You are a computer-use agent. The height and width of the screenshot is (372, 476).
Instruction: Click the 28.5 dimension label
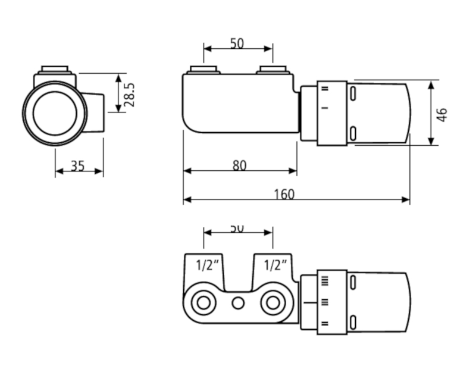coord(130,93)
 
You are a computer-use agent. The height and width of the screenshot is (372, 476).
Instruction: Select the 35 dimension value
coord(78,165)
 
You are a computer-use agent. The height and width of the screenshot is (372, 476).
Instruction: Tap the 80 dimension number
coord(239,165)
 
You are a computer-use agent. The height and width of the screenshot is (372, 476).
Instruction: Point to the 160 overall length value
coord(284,194)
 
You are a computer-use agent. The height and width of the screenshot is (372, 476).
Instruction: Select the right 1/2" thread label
coord(275,265)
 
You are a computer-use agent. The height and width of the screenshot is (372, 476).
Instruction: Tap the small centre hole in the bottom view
coord(238,303)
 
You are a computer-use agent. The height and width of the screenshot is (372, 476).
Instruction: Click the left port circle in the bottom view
coord(203,303)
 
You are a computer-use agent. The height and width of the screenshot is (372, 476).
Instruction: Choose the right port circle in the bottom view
coord(273,303)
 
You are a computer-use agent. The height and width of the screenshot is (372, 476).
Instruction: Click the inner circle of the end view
coord(55,112)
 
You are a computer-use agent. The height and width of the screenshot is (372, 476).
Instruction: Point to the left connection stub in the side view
coord(203,70)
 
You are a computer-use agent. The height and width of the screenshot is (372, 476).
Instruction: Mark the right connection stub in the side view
coord(273,70)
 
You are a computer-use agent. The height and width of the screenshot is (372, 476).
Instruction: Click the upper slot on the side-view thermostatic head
coord(353,93)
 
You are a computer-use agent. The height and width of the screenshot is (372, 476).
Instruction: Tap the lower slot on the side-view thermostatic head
coord(353,132)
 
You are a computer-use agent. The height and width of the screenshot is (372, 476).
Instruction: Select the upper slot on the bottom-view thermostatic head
coord(353,283)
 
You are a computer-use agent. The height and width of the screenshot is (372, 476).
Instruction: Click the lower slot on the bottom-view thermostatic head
coord(353,323)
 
